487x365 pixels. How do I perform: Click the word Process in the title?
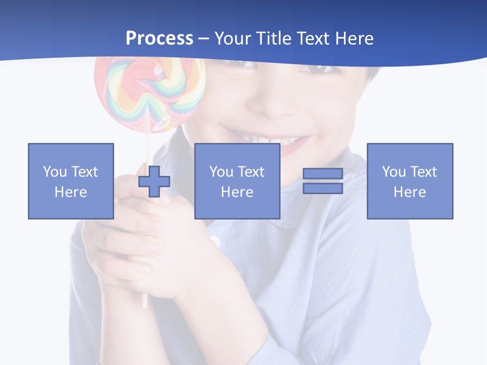[159, 39]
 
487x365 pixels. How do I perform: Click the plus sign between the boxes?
[154, 181]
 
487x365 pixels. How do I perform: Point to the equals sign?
[323, 181]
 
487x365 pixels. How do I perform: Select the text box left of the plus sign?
[71, 181]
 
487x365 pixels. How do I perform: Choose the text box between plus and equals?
[237, 181]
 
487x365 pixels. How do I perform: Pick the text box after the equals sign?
[409, 181]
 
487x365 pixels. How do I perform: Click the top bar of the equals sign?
[323, 174]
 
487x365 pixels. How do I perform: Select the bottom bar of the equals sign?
[323, 189]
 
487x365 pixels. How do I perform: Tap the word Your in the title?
[231, 39]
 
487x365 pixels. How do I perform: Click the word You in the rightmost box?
[394, 172]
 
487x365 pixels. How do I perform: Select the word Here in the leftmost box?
[71, 192]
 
